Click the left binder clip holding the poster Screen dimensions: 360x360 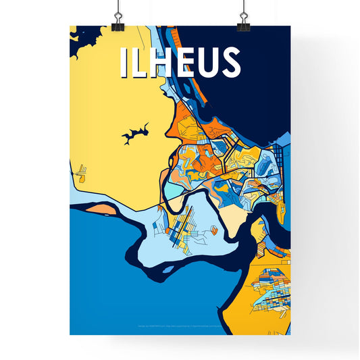[118, 21]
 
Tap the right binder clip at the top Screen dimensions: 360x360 [242, 21]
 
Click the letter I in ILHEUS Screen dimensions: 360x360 [124, 62]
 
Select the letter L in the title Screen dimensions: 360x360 [138, 62]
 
